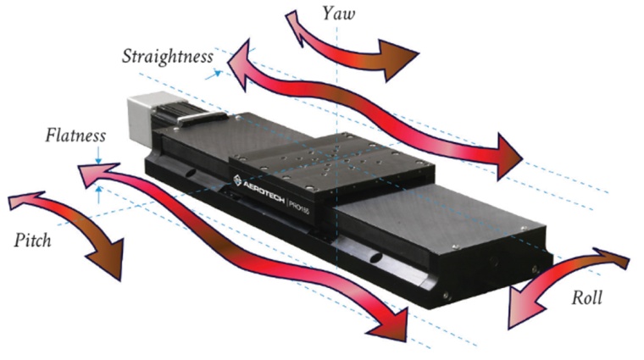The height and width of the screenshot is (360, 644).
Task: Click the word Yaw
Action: tap(338, 14)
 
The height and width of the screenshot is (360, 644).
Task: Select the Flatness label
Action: tap(76, 135)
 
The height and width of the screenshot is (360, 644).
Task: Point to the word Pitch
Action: tap(33, 241)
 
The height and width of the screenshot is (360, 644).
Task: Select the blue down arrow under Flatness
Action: tap(99, 159)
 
